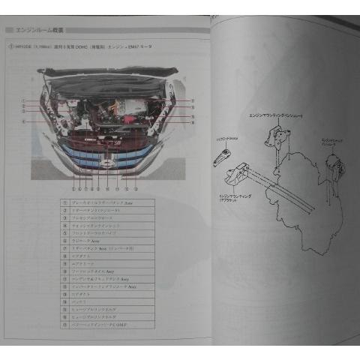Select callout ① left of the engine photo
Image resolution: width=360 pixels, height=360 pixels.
coord(25,100)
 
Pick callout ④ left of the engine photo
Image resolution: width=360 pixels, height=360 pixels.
coord(25,118)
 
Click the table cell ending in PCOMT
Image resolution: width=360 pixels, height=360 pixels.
coord(97,327)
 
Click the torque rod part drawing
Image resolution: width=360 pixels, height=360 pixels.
coord(224,156)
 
